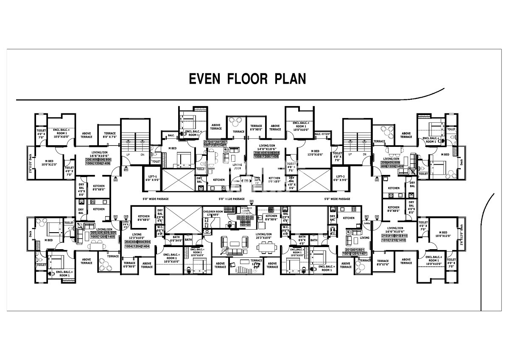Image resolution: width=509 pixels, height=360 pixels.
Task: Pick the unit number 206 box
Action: coord(89,159)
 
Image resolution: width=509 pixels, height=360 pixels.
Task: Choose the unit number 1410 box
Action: coord(402,240)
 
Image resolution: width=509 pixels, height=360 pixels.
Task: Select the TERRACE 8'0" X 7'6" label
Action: coord(110,135)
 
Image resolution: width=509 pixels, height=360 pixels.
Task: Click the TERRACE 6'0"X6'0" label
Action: coord(129,264)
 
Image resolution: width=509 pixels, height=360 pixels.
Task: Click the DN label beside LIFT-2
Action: coord(362,155)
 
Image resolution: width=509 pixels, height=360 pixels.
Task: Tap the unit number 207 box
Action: coord(207,141)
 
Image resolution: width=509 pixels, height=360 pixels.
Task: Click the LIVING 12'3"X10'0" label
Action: coord(136,236)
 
